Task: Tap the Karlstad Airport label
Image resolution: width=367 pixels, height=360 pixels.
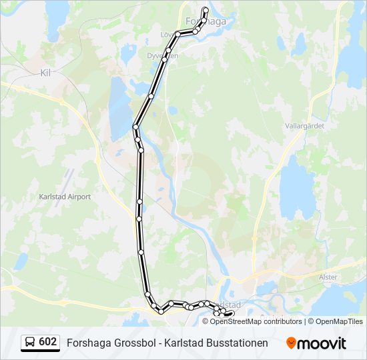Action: tap(65, 197)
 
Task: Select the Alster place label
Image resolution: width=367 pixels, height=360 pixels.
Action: tap(328, 277)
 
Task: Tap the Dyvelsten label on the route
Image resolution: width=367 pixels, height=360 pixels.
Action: tap(162, 56)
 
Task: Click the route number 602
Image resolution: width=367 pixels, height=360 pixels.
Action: tap(48, 342)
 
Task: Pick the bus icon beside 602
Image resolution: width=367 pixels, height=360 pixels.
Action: tap(30, 343)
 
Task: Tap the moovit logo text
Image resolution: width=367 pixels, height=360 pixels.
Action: tap(322, 343)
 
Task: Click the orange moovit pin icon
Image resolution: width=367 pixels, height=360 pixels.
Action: tap(291, 343)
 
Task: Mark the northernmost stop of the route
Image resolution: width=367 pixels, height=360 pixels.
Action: tap(205, 9)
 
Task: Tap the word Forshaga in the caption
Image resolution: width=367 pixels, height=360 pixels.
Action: tap(87, 343)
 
